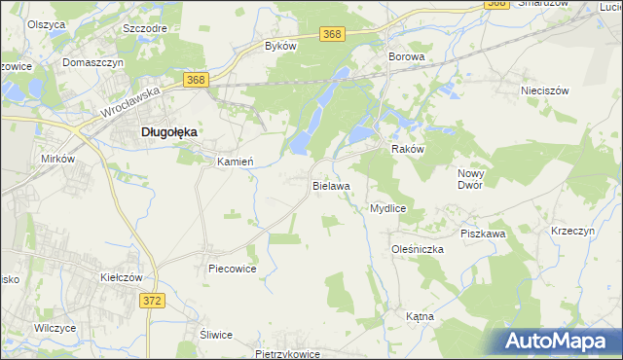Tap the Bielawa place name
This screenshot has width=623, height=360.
pos(331,184)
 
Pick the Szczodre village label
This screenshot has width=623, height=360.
pos(142,28)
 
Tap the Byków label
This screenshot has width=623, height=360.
pos(281,46)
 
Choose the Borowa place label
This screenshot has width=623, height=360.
pos(407,57)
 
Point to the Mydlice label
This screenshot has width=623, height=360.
pos(387,208)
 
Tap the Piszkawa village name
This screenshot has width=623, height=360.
pos(483,234)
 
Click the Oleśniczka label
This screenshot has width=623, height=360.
pos(418,249)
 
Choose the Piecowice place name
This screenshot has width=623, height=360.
pos(232,269)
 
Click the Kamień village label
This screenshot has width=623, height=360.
pos(235,162)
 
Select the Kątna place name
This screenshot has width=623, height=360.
pos(420,317)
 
